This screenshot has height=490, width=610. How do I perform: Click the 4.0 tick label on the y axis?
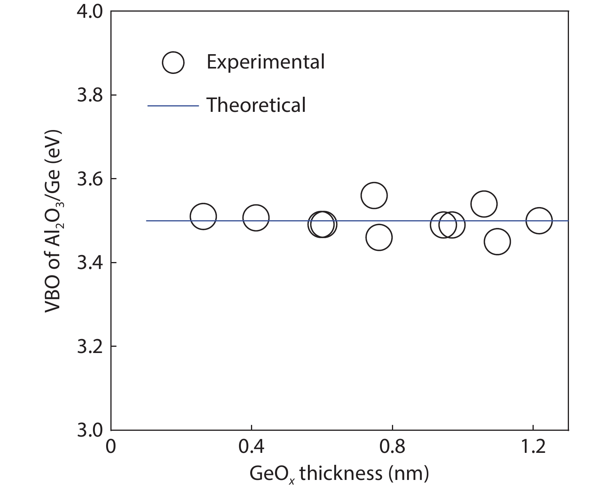pos(89,12)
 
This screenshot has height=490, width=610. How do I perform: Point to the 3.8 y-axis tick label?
pos(89,96)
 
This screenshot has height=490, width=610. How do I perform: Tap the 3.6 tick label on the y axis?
pos(89,179)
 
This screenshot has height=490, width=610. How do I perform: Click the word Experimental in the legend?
pos(265,62)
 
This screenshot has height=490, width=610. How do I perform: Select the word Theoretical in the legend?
pos(256,105)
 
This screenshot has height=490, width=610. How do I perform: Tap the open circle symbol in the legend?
pos(173,62)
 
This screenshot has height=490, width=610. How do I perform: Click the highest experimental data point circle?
pos(374,195)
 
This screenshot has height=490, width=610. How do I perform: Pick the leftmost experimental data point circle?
pos(203,216)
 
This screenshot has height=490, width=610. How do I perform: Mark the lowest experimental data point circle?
pos(497,242)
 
